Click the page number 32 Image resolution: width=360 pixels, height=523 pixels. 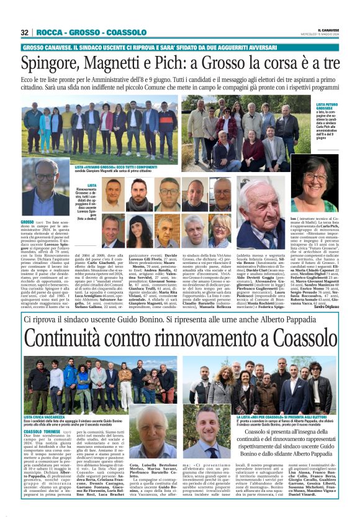[25, 32]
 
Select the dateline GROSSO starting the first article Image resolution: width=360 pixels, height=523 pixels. [29, 222]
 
